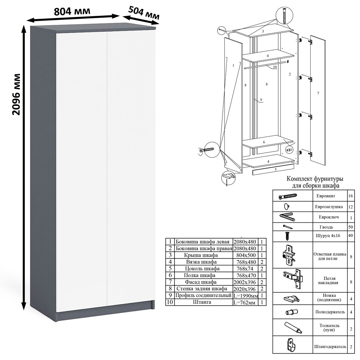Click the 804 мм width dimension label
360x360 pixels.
(72, 11)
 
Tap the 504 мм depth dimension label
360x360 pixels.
(144, 13)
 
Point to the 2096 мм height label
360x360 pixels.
(16, 94)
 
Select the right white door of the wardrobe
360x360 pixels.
(130, 169)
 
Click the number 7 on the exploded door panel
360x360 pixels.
(318, 93)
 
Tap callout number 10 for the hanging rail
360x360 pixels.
(275, 67)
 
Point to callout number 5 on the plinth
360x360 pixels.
(275, 170)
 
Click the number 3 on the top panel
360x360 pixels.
(263, 31)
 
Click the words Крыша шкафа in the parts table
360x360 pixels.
(201, 255)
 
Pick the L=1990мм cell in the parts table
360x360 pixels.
(246, 296)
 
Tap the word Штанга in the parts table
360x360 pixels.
(202, 302)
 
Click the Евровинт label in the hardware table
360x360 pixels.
(326, 196)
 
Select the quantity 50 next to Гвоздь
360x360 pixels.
(350, 227)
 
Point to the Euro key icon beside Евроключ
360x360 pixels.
(287, 217)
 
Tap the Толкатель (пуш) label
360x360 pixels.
(329, 328)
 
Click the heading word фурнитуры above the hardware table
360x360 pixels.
(328, 179)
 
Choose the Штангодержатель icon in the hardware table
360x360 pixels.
(291, 345)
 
